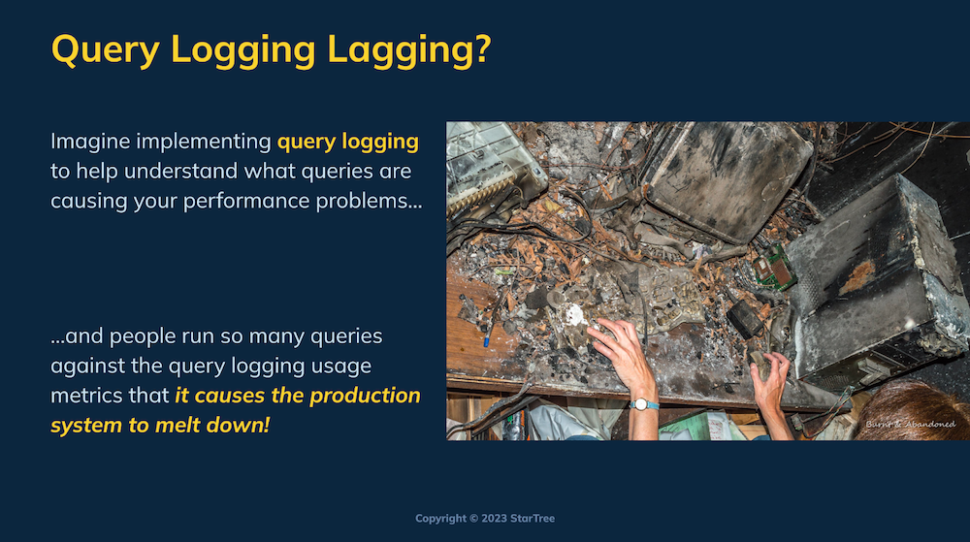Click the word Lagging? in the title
point(409,49)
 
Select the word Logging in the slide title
point(243,49)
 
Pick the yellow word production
point(365,397)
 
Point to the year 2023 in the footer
point(495,519)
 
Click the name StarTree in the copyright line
point(532,519)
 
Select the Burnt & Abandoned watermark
point(910,424)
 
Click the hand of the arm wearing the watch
point(620,351)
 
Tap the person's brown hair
point(915,412)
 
